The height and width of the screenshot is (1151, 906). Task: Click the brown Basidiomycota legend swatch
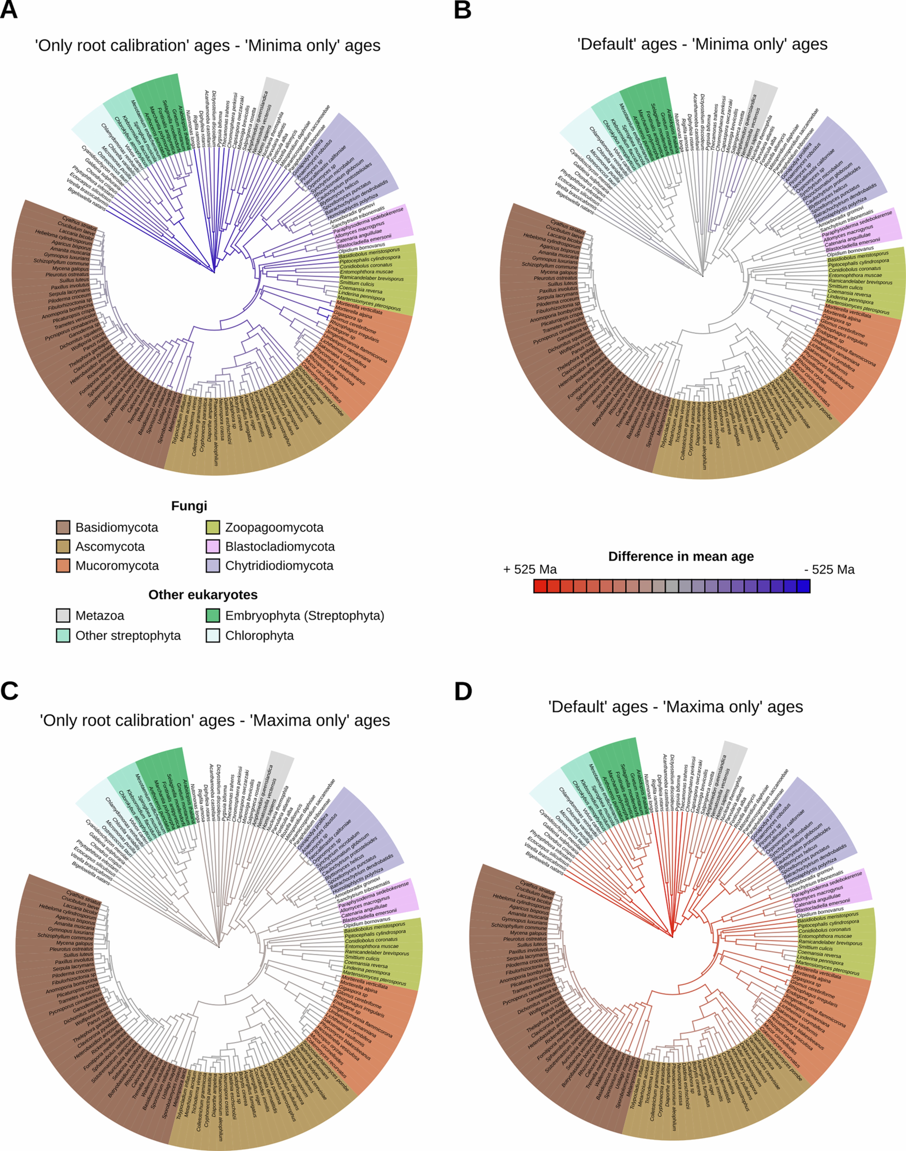[x=63, y=528]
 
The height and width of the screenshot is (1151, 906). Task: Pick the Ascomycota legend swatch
[x=63, y=547]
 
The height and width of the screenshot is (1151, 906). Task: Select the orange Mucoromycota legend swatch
[x=63, y=566]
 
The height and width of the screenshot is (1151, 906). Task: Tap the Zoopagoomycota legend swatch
[x=213, y=528]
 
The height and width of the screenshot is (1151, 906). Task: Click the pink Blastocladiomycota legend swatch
[x=213, y=547]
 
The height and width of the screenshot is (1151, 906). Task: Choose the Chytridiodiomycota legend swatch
[x=213, y=566]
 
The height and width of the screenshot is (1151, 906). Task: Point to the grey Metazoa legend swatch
[x=63, y=616]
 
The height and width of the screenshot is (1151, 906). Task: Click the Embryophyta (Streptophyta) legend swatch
[x=213, y=616]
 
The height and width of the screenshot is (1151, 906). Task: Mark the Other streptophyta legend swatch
[x=63, y=635]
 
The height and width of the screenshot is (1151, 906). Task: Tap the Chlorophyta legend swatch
[x=213, y=635]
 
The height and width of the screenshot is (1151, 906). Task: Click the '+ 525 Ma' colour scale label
[x=530, y=569]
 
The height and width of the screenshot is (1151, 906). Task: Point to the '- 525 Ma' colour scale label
[x=829, y=569]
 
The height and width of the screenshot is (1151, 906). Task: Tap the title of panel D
[x=675, y=707]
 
